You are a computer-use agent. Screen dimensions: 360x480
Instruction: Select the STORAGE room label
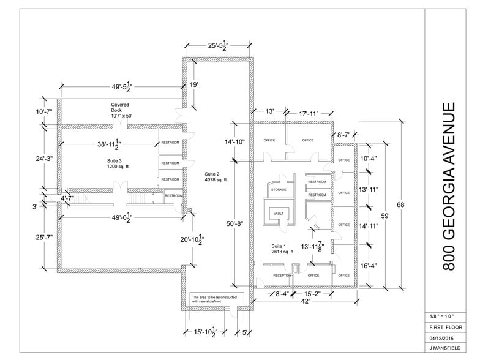[x=279, y=190]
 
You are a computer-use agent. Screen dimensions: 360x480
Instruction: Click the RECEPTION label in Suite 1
[x=282, y=276]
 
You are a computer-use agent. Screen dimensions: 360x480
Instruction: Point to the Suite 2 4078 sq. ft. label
[x=216, y=177]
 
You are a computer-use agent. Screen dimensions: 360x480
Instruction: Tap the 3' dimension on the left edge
[x=35, y=206]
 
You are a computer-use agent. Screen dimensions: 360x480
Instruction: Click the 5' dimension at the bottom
[x=244, y=333]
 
